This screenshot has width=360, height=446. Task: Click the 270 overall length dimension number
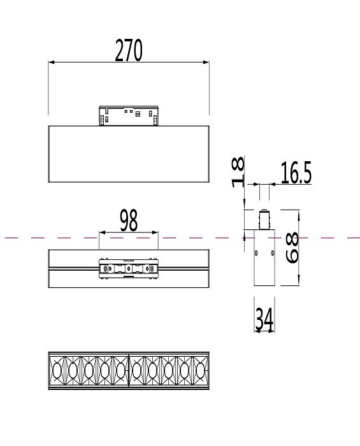point(128,50)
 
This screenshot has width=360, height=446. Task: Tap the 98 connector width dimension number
point(128,221)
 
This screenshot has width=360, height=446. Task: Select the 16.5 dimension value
point(296,173)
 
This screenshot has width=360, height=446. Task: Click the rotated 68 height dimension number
point(291,248)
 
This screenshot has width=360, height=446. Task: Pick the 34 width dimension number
point(264,319)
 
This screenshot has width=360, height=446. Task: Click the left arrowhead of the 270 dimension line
point(52,62)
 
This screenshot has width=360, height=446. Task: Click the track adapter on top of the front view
point(128,115)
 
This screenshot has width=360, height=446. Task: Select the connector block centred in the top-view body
point(128,269)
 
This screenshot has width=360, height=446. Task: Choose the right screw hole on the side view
point(272,253)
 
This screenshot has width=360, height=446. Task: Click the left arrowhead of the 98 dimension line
point(101,233)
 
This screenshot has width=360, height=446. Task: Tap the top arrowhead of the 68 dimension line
point(299,213)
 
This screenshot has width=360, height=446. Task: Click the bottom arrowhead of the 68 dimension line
point(299,284)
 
